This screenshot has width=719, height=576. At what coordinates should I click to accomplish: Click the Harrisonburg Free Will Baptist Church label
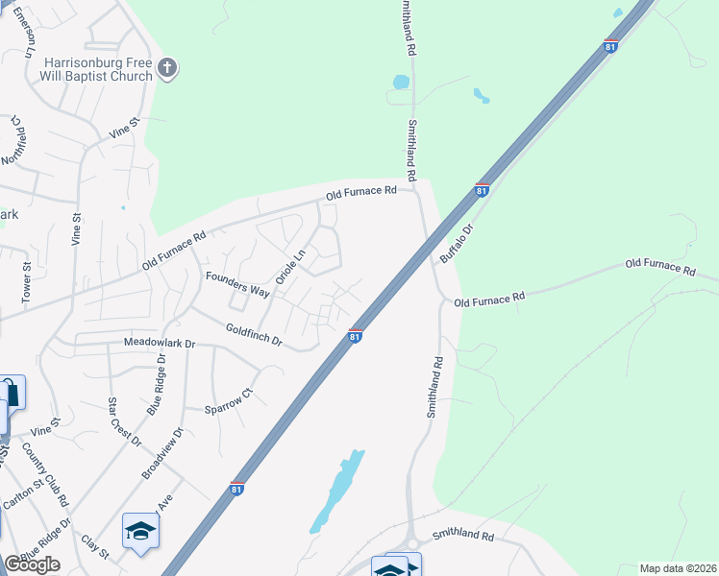point(96,69)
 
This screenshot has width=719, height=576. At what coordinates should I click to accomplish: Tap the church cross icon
point(166,68)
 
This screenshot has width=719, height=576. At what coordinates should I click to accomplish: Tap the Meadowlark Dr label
point(159,343)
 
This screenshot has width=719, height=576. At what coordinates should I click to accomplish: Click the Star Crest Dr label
point(124,421)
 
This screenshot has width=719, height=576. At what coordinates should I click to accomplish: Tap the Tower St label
point(26,279)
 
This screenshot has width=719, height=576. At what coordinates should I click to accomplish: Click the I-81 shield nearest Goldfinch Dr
point(355,336)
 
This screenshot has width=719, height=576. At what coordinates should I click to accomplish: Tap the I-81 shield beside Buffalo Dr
point(483,190)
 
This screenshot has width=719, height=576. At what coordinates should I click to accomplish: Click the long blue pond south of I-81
point(337,492)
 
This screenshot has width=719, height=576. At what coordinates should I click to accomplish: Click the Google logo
point(32,564)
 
